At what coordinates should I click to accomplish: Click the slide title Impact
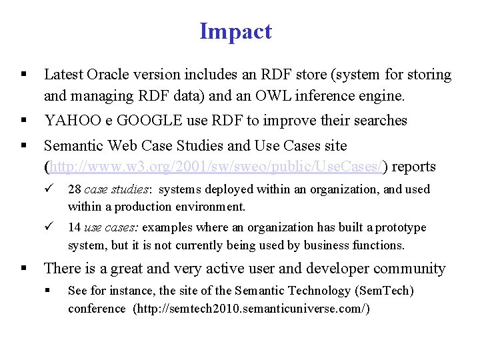[235, 31]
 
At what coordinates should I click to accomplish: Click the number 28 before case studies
[75, 190]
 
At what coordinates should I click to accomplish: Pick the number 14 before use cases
[75, 228]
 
